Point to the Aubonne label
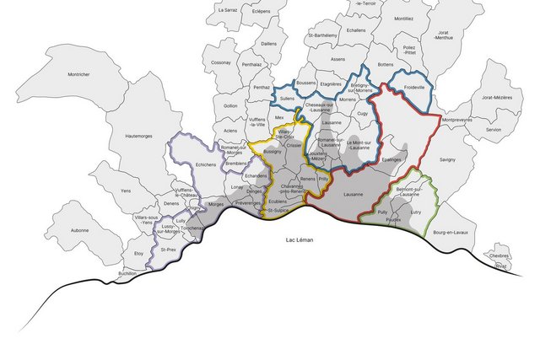point(79,230)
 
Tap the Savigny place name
point(447,159)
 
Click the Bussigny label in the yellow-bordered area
point(273,152)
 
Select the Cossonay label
point(221,62)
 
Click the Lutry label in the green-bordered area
point(414,212)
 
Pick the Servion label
point(493,129)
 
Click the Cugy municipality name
point(363,112)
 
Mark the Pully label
point(382,212)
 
